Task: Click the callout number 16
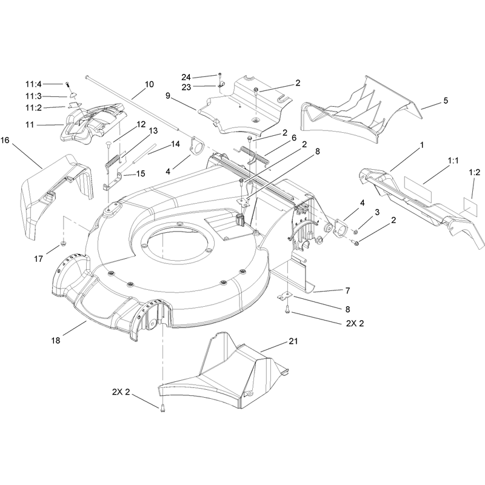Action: click(5, 141)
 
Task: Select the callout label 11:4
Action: click(33, 84)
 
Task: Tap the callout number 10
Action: click(149, 84)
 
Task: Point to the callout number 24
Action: click(186, 77)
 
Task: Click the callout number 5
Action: click(446, 101)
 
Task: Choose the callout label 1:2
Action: click(474, 172)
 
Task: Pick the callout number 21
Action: click(293, 341)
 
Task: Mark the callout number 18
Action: click(56, 341)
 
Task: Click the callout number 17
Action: click(38, 259)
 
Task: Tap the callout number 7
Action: click(347, 291)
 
